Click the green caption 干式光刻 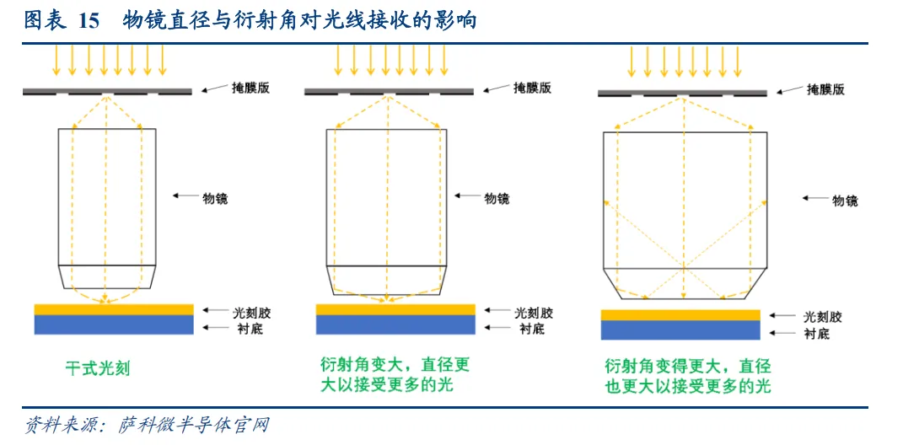point(98,368)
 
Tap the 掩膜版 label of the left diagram point(250,88)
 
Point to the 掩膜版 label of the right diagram point(825,89)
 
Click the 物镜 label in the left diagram point(215,198)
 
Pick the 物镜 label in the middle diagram point(497,198)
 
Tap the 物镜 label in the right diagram point(845,201)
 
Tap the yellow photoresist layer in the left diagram point(113,308)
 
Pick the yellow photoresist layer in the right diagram point(680,315)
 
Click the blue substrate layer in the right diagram point(680,330)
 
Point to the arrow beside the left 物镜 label point(185,196)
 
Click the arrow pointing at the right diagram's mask point(790,88)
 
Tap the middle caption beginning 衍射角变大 point(395,375)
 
